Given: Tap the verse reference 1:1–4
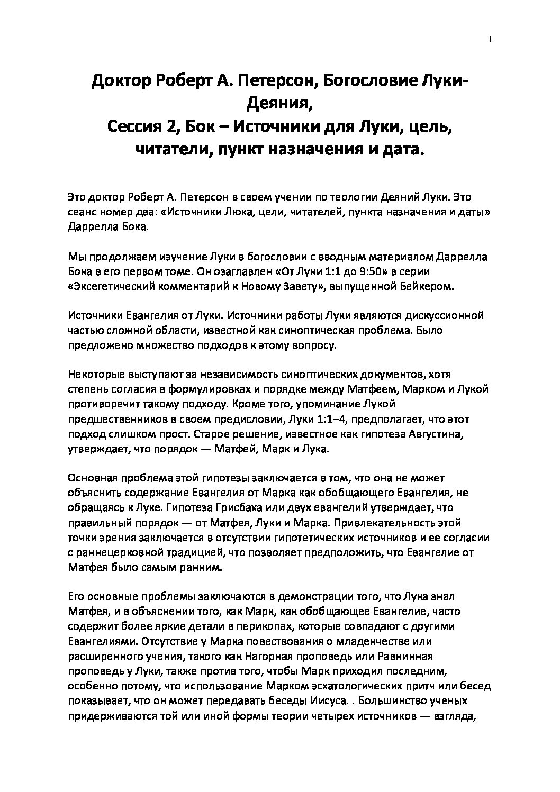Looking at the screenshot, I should coord(317,420).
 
